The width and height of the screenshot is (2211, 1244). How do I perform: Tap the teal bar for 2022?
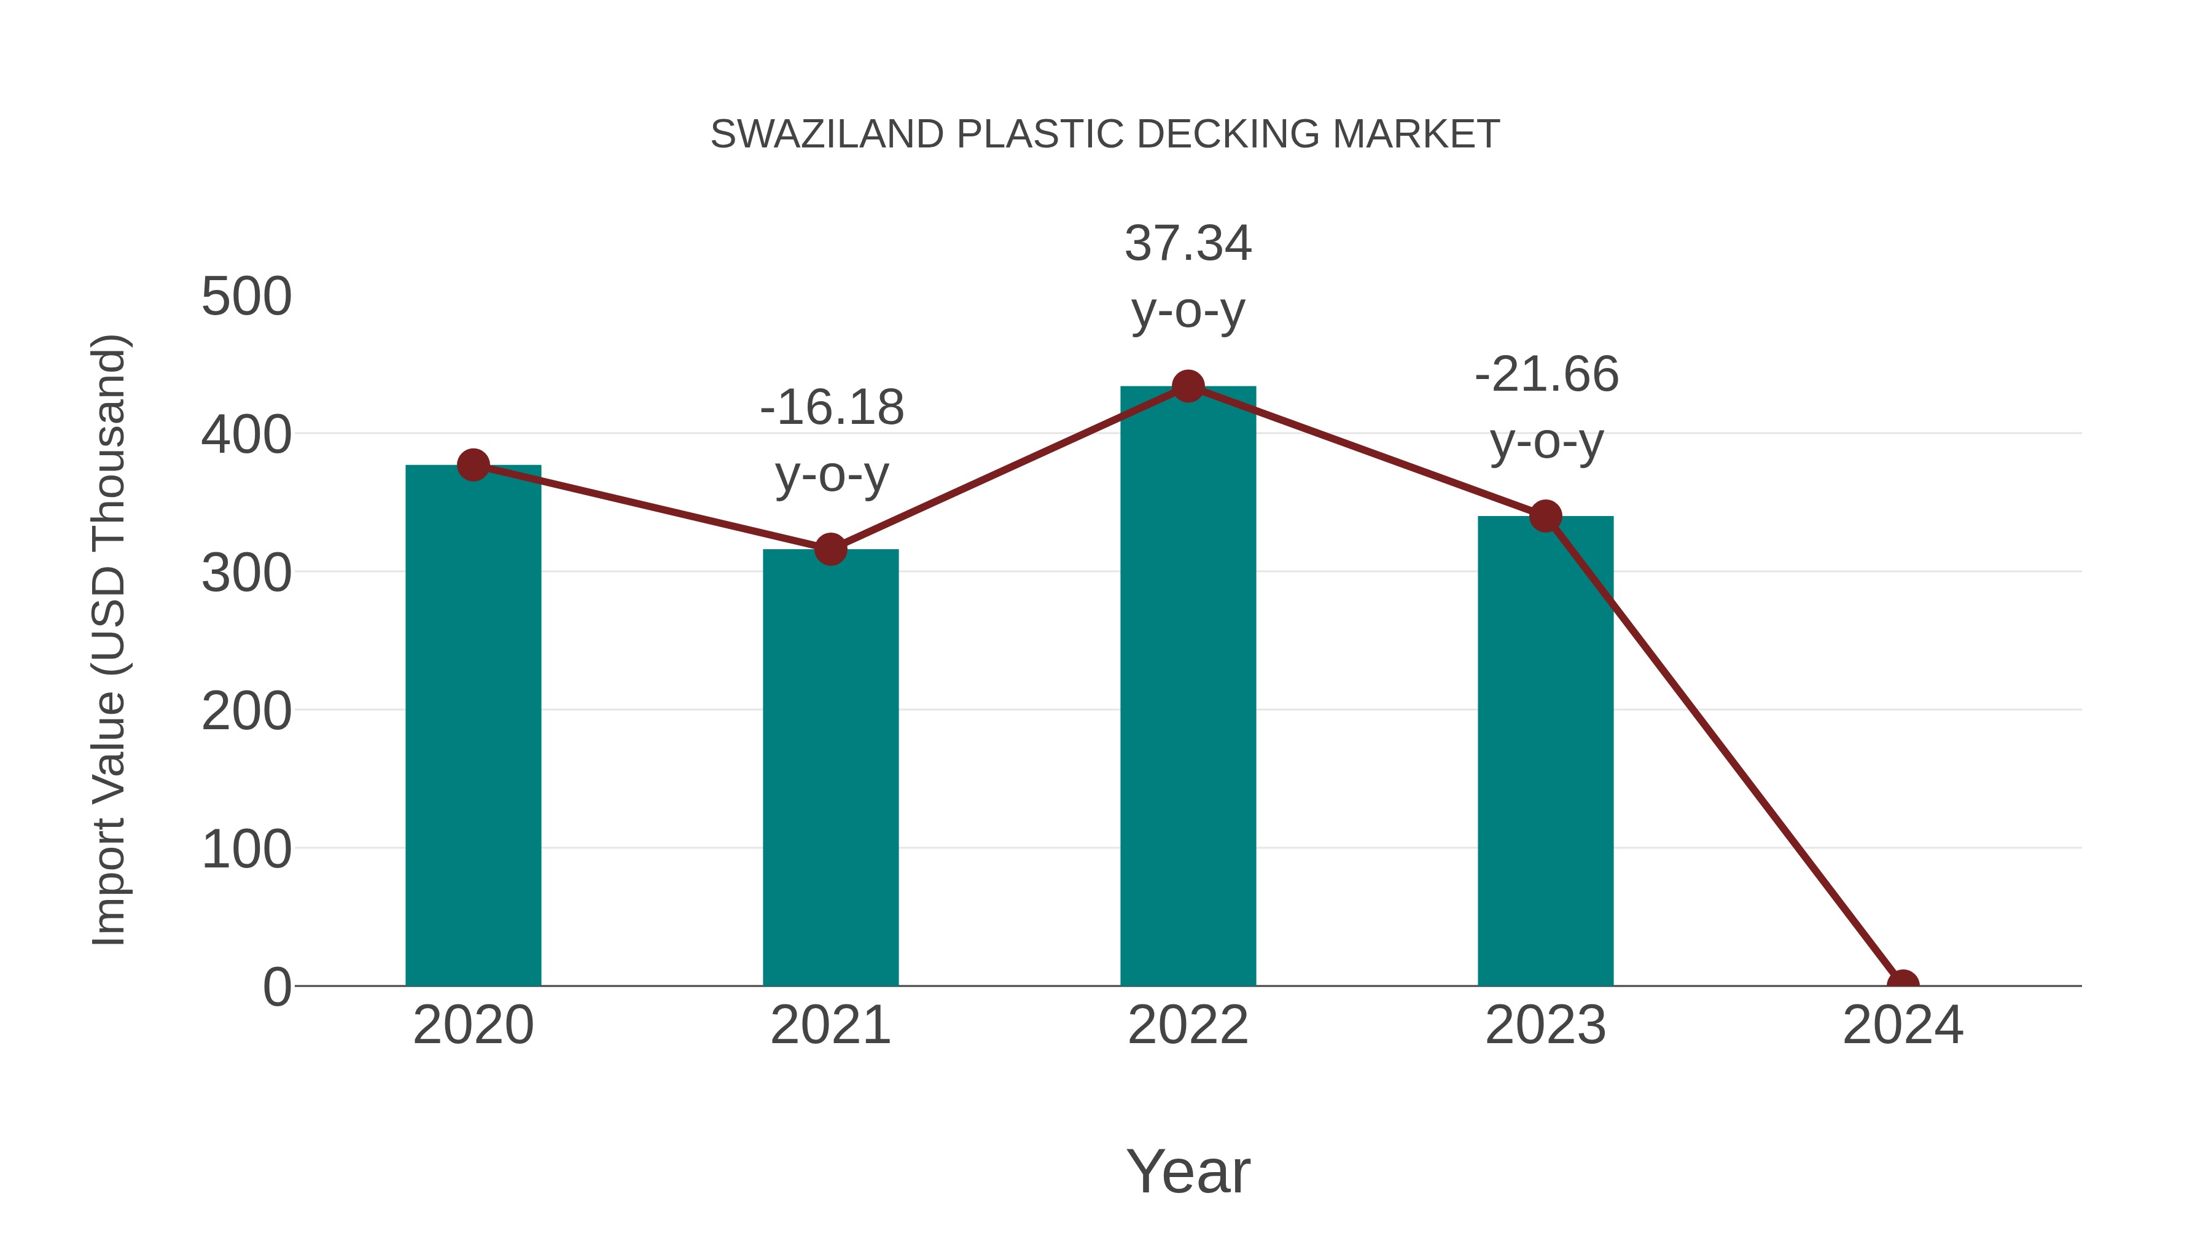1188,686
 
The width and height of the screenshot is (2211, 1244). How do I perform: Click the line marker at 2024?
1903,984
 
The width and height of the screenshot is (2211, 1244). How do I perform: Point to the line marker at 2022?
1188,386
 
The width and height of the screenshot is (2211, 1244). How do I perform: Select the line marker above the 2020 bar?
473,465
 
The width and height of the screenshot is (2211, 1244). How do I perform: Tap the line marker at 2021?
830,549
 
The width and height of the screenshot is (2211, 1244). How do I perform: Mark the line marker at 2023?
1545,516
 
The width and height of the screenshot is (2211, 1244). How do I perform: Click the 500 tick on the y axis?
246,297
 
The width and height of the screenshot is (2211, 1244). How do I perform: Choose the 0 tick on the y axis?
276,987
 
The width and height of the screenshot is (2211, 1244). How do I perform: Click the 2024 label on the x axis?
1902,1025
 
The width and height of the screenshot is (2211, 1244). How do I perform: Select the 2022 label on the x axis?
1188,1025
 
